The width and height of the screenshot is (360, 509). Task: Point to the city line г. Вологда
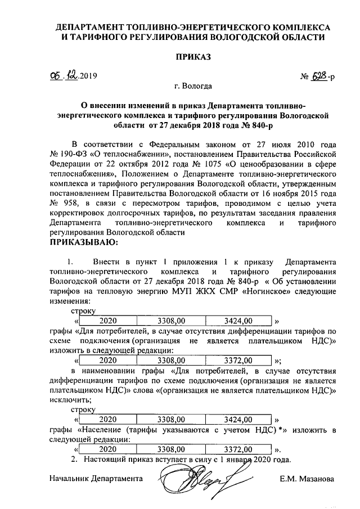[193, 87]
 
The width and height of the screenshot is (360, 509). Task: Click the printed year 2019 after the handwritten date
[88, 76]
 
